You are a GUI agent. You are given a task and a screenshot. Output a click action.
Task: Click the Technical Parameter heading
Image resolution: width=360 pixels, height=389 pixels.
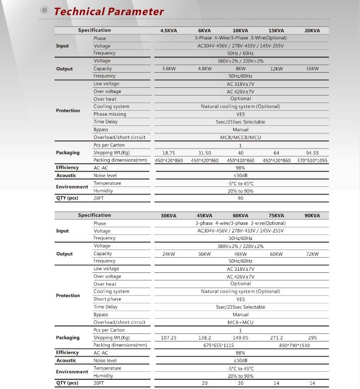tap(109, 11)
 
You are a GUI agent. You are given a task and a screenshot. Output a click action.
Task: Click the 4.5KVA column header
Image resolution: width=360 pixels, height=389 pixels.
tap(168, 31)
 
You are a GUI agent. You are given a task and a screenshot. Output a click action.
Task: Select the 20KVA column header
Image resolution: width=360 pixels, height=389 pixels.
tap(312, 31)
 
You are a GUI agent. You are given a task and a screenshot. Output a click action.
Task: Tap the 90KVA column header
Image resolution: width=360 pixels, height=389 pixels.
tap(312, 216)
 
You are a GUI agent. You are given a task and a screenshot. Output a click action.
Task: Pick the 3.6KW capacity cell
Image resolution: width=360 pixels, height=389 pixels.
tap(168, 69)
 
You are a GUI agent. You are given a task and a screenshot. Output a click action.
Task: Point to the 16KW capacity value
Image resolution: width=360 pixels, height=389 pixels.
tap(312, 69)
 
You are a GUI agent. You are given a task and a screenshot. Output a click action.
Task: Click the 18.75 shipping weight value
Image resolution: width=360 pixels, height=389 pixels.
tap(168, 153)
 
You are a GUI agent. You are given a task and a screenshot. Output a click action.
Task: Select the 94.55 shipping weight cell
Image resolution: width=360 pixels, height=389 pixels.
tap(312, 153)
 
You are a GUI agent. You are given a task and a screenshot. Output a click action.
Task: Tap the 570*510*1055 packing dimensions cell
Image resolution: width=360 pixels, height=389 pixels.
tap(312, 160)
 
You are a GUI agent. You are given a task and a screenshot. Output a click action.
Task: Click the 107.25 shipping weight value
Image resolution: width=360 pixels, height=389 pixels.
tap(168, 337)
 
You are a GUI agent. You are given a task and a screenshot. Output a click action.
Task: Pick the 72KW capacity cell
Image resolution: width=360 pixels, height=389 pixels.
tap(312, 254)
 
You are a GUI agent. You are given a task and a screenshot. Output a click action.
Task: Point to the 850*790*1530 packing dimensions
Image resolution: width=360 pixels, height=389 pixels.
tap(294, 345)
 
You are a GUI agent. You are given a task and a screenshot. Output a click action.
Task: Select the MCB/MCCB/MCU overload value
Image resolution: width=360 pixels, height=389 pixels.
tap(240, 137)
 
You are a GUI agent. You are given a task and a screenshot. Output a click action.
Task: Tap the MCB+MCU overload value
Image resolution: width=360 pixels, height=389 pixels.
tap(240, 322)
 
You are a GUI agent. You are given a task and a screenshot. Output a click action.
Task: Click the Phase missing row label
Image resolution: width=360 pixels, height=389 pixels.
tap(110, 114)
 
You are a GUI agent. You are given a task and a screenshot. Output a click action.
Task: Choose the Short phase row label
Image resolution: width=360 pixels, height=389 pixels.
tap(107, 299)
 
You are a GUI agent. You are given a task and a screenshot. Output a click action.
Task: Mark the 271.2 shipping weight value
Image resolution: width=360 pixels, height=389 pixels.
tap(277, 337)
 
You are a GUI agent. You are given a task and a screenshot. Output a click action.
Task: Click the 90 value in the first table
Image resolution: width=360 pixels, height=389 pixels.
tap(240, 199)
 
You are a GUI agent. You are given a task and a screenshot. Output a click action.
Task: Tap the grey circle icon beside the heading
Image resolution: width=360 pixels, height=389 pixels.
tap(44, 11)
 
